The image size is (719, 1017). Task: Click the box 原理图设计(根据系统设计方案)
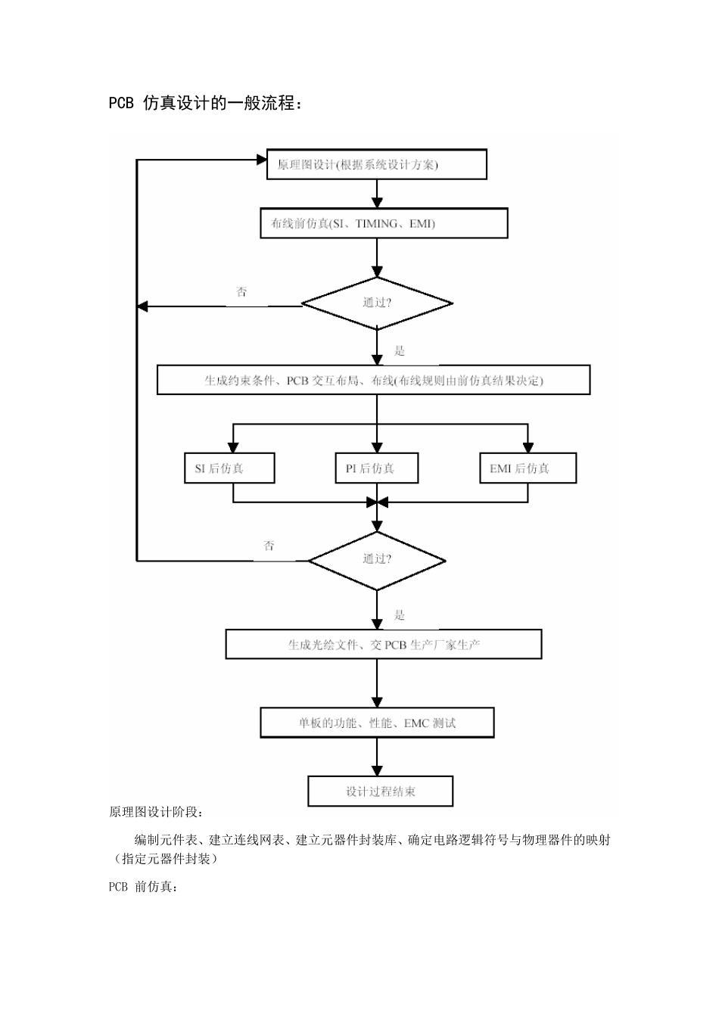[376, 164]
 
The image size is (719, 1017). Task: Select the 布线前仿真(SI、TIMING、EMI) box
[384, 223]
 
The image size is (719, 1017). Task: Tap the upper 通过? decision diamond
[377, 303]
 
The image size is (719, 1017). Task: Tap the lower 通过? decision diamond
[377, 560]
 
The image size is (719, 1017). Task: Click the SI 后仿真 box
[229, 468]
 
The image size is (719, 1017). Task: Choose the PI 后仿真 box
[377, 468]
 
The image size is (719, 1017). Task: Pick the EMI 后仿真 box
[528, 468]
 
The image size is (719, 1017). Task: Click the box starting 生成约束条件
[373, 381]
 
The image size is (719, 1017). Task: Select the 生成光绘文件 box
[384, 645]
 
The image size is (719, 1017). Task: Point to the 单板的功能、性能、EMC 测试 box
[377, 723]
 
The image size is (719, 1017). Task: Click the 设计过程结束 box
[380, 792]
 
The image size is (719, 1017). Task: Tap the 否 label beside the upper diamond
[241, 292]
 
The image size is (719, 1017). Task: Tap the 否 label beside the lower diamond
[269, 546]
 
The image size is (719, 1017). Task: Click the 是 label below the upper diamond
[400, 351]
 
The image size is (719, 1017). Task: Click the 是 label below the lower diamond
[400, 615]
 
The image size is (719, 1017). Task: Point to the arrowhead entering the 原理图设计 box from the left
[261, 160]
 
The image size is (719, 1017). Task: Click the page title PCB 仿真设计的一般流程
[206, 104]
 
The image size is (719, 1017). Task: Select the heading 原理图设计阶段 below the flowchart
[156, 812]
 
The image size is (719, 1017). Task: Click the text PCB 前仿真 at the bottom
[144, 887]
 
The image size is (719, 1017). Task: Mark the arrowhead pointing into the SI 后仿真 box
[233, 447]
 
